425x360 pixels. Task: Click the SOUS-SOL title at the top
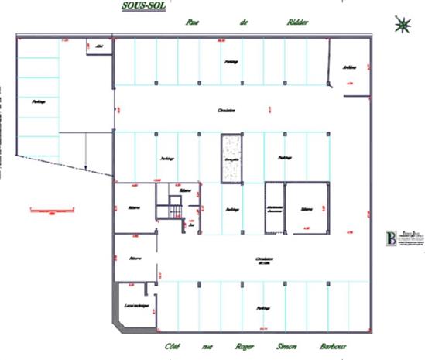144,6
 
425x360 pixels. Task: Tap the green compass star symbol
403,24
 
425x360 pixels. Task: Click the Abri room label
99,46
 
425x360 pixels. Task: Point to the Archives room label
349,67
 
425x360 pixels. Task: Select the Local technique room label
136,305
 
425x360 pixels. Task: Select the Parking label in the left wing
37,101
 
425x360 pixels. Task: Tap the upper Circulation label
226,111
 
